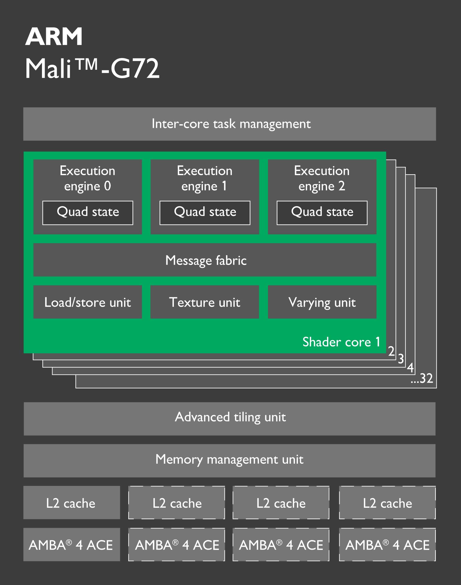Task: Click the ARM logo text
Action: [54, 37]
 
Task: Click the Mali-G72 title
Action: [92, 69]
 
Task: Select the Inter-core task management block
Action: [230, 124]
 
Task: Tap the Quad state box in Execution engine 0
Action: [88, 213]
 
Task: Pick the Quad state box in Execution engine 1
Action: [205, 213]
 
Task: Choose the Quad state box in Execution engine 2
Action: [322, 213]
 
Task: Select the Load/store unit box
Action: [88, 302]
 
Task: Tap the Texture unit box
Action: [205, 302]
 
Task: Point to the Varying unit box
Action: [322, 302]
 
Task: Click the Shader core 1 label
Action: [341, 342]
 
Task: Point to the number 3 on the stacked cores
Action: [401, 359]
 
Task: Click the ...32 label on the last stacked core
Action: [422, 378]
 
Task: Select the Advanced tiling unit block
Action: [230, 418]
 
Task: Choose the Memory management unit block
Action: [230, 460]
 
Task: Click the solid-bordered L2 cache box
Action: [72, 503]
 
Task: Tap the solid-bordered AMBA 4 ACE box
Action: [72, 545]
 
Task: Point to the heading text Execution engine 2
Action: [322, 178]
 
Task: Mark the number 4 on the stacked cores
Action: [410, 368]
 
